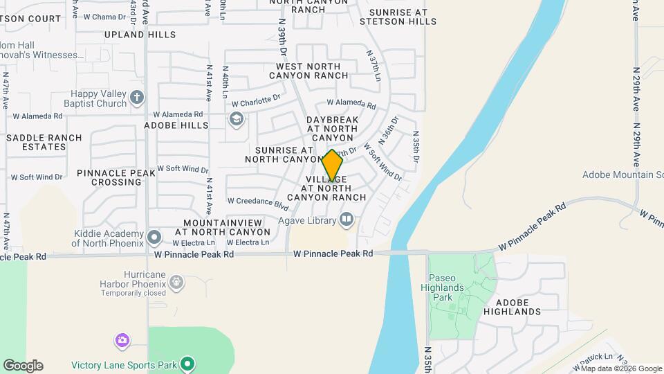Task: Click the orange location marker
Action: [x=333, y=166]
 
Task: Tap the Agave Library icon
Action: [x=347, y=221]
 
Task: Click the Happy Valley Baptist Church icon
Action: [x=137, y=97]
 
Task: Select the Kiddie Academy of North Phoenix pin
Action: [x=154, y=238]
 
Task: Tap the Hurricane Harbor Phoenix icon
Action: [x=176, y=282]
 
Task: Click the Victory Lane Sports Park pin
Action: [x=187, y=364]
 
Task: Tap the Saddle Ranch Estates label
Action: [x=44, y=142]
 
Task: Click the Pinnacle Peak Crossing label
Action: [x=109, y=177]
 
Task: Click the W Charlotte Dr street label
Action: [x=256, y=101]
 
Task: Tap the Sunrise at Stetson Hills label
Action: [x=403, y=17]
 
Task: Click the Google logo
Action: [x=23, y=366]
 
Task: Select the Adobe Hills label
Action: [x=176, y=125]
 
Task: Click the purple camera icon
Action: [x=122, y=340]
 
